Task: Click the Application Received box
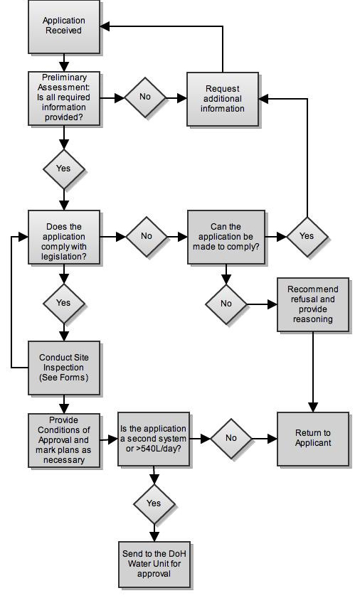(x=64, y=27)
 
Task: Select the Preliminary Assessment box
(x=64, y=98)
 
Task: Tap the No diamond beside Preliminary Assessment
(x=145, y=97)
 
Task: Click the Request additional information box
(x=223, y=99)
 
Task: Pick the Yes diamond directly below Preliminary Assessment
(x=64, y=169)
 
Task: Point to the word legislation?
(x=64, y=257)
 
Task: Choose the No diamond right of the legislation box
(x=147, y=237)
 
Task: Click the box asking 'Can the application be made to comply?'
(x=226, y=237)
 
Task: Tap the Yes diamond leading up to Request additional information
(x=307, y=237)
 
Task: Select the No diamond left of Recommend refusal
(x=226, y=304)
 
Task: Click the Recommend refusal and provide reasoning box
(x=313, y=305)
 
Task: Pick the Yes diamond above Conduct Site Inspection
(x=64, y=303)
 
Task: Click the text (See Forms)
(x=64, y=378)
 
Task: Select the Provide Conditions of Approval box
(x=64, y=440)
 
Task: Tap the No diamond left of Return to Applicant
(x=231, y=439)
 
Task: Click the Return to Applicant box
(x=313, y=439)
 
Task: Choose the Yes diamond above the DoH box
(x=154, y=504)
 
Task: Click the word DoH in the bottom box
(x=177, y=554)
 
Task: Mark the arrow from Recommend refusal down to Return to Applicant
(x=313, y=372)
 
